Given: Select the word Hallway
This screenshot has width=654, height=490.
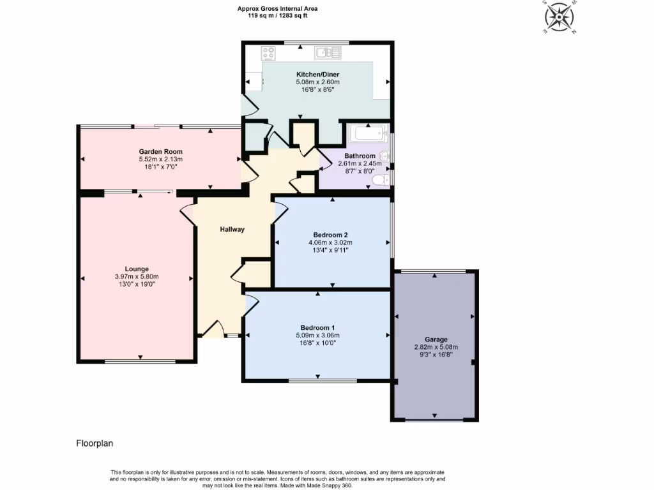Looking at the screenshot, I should click(x=232, y=229).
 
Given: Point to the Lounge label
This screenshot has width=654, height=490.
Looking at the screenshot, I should click(x=136, y=269).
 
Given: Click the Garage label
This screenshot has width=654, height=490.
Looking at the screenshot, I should click(x=436, y=339).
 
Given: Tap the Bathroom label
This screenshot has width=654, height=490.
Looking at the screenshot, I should click(x=360, y=156).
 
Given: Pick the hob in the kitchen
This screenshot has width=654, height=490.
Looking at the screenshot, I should click(x=269, y=54).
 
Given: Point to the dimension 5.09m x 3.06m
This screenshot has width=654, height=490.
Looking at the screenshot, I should click(x=317, y=336).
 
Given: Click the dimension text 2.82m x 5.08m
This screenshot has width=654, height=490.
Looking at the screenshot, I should click(x=436, y=348).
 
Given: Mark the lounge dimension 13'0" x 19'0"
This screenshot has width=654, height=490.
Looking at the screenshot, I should click(x=136, y=285).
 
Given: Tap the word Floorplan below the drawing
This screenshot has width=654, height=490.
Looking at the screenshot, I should click(x=95, y=443).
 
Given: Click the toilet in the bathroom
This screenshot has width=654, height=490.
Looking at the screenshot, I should click(x=381, y=181).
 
